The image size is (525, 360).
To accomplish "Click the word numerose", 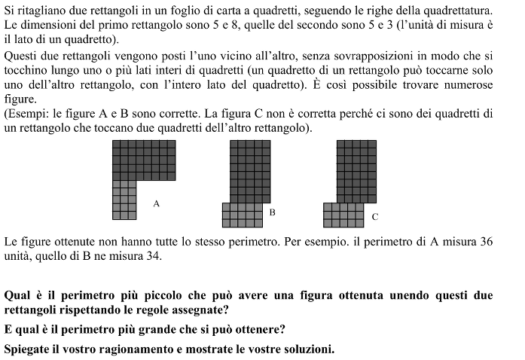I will [x=465, y=84].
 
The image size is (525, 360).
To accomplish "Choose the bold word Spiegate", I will [x=28, y=349].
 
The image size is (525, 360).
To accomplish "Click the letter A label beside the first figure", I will [x=156, y=203].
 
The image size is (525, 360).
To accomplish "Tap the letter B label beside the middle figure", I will [x=272, y=213].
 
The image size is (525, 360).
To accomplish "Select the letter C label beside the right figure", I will [x=375, y=217].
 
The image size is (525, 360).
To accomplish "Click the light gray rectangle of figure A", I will [x=124, y=200].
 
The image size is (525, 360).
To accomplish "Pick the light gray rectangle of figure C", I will [x=343, y=215].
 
